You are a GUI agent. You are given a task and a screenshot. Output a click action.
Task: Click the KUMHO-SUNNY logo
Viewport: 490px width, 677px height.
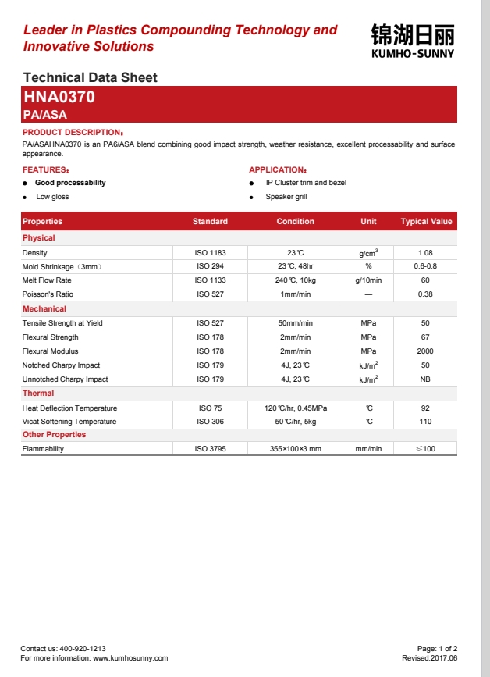pos(412,41)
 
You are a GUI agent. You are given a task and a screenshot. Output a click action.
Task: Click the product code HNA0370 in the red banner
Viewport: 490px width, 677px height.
pos(59,98)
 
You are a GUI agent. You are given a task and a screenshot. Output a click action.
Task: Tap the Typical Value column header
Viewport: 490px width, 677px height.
pos(426,222)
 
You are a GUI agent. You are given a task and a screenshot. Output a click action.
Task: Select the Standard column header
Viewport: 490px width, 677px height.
pos(210,222)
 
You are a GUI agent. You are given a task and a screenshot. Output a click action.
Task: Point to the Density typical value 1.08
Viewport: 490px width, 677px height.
pos(425,253)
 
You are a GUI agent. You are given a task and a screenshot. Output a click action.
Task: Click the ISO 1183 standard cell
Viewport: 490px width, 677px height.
pos(210,253)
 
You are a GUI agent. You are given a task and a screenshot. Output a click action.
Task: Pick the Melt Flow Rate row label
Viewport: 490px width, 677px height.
pos(47,280)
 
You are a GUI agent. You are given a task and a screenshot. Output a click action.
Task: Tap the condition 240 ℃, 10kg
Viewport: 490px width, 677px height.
pos(295,280)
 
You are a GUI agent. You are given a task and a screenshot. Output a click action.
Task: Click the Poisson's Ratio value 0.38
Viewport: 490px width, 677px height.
pos(425,294)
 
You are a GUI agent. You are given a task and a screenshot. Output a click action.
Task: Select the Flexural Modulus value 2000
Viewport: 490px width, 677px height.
pos(425,351)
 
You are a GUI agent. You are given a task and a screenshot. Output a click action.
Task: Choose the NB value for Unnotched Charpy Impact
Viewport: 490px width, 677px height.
pos(425,379)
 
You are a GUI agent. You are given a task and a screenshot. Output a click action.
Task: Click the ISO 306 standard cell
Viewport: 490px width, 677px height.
pos(210,422)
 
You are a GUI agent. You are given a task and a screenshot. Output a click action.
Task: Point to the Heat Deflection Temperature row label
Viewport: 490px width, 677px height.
pos(69,408)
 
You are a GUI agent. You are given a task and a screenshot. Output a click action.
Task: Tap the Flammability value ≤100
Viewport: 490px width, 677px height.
pos(425,449)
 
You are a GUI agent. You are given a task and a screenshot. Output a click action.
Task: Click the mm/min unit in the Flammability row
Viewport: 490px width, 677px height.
pos(368,449)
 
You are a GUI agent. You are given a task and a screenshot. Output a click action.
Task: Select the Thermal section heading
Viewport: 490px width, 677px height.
pos(38,394)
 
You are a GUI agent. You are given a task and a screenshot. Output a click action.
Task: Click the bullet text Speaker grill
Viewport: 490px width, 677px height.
pos(286,197)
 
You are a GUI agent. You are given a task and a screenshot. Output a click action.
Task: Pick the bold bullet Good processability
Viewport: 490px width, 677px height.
pos(70,183)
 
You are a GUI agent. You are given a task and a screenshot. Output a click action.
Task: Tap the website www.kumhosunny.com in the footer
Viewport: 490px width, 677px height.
pos(130,658)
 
